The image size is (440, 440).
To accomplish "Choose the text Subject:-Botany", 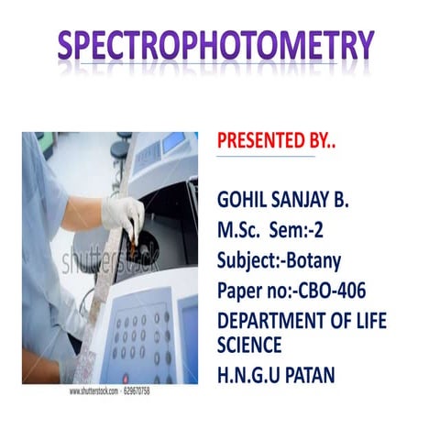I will [x=279, y=261].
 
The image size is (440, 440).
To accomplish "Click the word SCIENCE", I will [x=249, y=345].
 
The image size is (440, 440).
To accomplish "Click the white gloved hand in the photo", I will [x=121, y=214].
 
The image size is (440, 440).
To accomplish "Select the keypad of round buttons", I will [x=141, y=340].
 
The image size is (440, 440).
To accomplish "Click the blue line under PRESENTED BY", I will [x=266, y=157].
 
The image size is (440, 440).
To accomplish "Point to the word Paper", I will [x=240, y=291].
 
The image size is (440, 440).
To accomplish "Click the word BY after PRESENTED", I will [x=321, y=141].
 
